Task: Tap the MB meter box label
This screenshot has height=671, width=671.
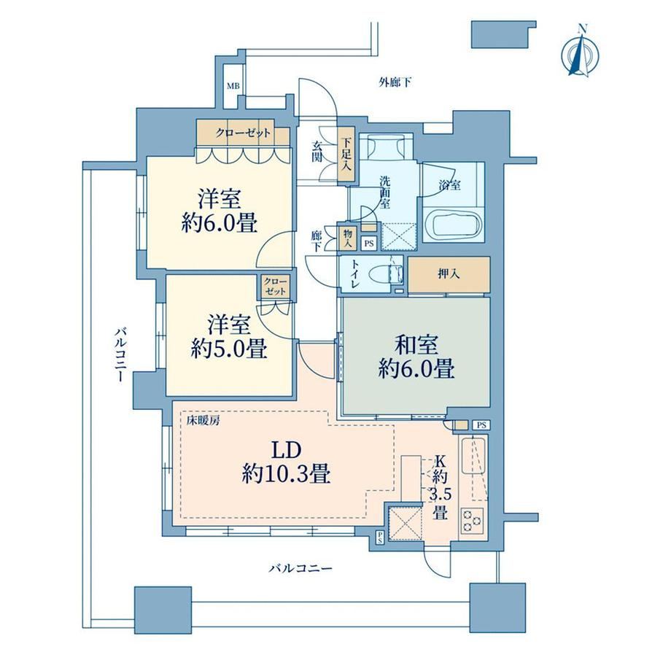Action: (233, 86)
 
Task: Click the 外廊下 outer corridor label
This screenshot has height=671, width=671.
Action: (395, 82)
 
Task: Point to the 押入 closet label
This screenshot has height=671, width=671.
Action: (449, 274)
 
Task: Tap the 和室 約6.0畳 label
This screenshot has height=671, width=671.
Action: (416, 357)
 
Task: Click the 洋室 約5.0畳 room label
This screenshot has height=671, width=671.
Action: (229, 337)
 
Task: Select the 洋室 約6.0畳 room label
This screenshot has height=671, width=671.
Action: (219, 211)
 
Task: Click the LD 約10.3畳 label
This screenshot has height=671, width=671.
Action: (286, 462)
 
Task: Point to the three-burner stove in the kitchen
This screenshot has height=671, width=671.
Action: (472, 520)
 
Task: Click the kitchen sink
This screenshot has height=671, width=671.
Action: (473, 455)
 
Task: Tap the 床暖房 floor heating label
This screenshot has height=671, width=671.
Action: (203, 421)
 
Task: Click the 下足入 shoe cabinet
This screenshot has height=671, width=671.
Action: (346, 156)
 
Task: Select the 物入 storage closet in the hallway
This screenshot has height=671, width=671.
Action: (346, 238)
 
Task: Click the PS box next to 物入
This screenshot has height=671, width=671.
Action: (368, 244)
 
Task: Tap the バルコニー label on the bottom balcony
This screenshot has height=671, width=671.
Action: (300, 569)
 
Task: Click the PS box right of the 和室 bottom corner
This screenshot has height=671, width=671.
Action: (481, 425)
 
